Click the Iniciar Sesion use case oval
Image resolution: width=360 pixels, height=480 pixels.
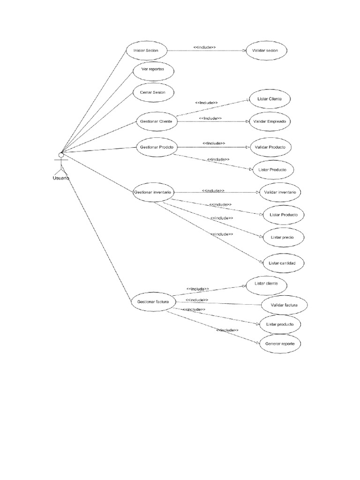[146, 50]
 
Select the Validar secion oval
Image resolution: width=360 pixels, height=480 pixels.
[265, 51]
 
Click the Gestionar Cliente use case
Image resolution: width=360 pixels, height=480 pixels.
[156, 121]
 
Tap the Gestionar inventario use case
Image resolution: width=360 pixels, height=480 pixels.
[153, 192]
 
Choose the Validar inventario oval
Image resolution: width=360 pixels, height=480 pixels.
[280, 192]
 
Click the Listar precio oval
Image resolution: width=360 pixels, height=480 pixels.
[282, 237]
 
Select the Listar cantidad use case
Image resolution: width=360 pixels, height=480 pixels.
[282, 263]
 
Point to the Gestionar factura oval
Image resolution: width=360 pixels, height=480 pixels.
[153, 302]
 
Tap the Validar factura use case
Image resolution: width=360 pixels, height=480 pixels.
[284, 305]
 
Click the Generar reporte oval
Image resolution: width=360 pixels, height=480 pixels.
[280, 344]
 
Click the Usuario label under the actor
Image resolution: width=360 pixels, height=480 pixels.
[60, 178]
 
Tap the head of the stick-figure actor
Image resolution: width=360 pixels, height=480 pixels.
[60, 155]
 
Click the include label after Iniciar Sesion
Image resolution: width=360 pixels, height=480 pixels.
[204, 47]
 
